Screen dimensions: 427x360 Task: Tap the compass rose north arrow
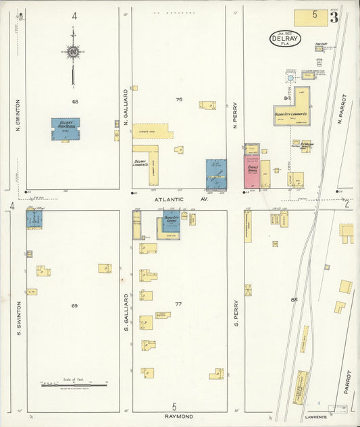coord(72,51)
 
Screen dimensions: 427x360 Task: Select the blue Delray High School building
coord(66,129)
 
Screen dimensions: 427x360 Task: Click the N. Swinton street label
coord(18,115)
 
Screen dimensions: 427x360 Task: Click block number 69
coord(74,305)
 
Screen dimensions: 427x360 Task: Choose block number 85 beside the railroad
coord(293,299)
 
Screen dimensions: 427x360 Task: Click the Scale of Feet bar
coord(62,384)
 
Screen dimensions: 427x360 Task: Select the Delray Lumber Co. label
coord(140,162)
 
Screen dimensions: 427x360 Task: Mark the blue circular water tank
coord(290,78)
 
